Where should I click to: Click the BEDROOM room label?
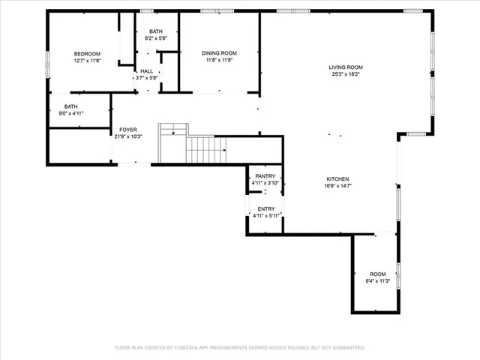87,54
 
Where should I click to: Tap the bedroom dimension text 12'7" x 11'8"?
87,61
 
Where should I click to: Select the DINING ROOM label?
219,52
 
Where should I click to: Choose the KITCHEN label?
337,178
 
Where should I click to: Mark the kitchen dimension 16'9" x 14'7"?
337,186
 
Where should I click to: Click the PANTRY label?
265,175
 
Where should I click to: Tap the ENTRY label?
266,208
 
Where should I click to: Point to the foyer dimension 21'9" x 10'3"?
128,136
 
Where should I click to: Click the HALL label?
146,70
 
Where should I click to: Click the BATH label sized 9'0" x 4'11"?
70,106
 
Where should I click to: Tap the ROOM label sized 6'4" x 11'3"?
377,274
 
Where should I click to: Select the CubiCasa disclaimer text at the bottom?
239,347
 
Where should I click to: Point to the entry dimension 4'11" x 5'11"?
266,216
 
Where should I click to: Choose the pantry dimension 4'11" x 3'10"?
265,183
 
